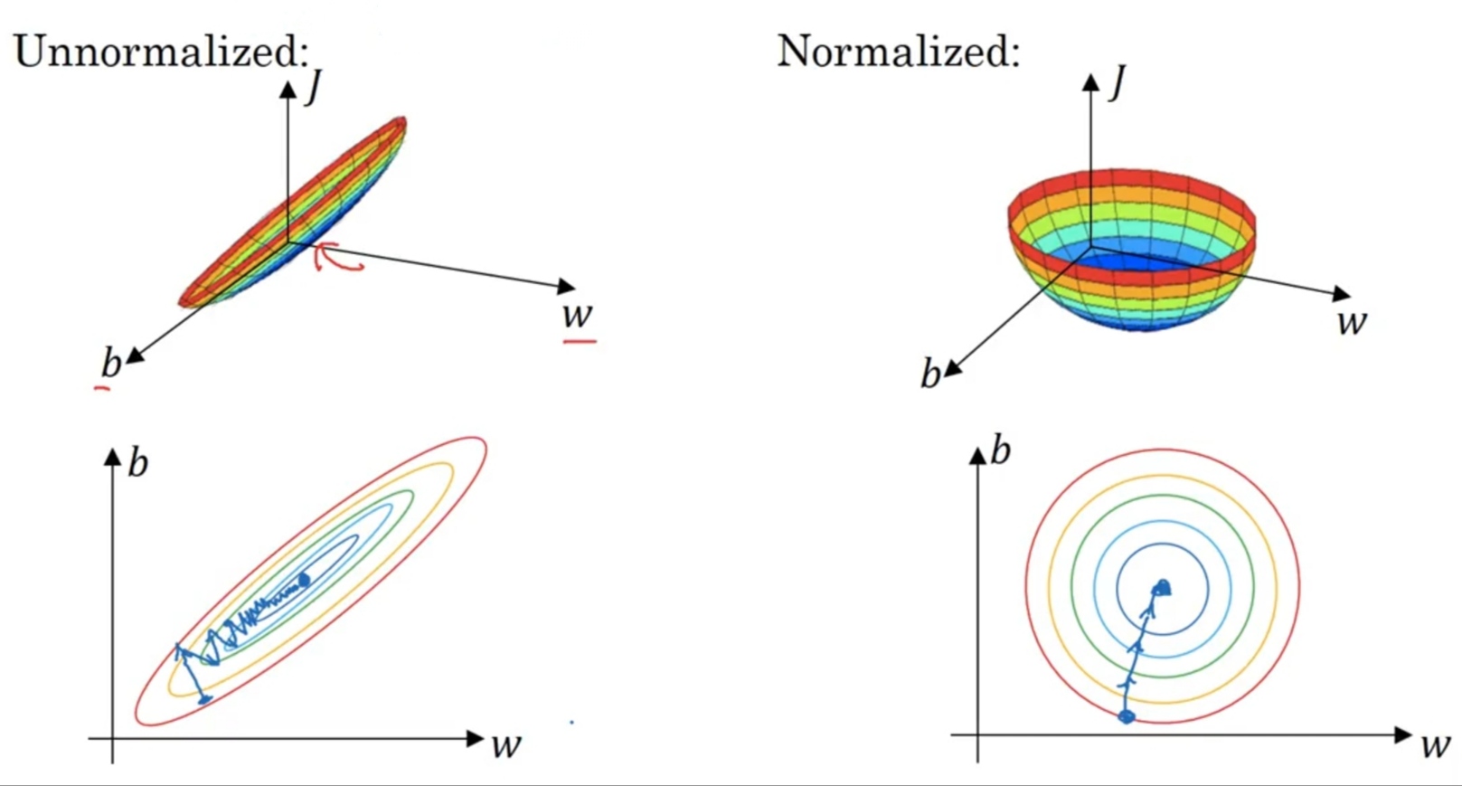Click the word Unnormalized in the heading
pyautogui.click(x=156, y=51)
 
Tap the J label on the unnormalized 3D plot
pyautogui.click(x=314, y=88)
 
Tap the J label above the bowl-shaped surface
pyautogui.click(x=1118, y=82)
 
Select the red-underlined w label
pyautogui.click(x=577, y=315)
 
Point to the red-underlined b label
pyautogui.click(x=110, y=363)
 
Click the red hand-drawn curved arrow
pyautogui.click(x=338, y=257)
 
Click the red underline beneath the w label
pyautogui.click(x=580, y=341)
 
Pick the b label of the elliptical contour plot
pyautogui.click(x=137, y=462)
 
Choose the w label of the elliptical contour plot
pyautogui.click(x=506, y=744)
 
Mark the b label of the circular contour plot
pyautogui.click(x=1001, y=450)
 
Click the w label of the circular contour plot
pyautogui.click(x=1436, y=744)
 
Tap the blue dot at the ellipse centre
pyautogui.click(x=304, y=579)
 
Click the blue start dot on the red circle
pyautogui.click(x=1126, y=716)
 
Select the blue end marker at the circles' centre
pyautogui.click(x=1162, y=588)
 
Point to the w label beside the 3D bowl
pyautogui.click(x=1352, y=321)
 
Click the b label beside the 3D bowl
pyautogui.click(x=930, y=374)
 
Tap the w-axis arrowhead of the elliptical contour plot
pyautogui.click(x=476, y=738)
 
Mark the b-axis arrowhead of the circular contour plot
pyautogui.click(x=977, y=455)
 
